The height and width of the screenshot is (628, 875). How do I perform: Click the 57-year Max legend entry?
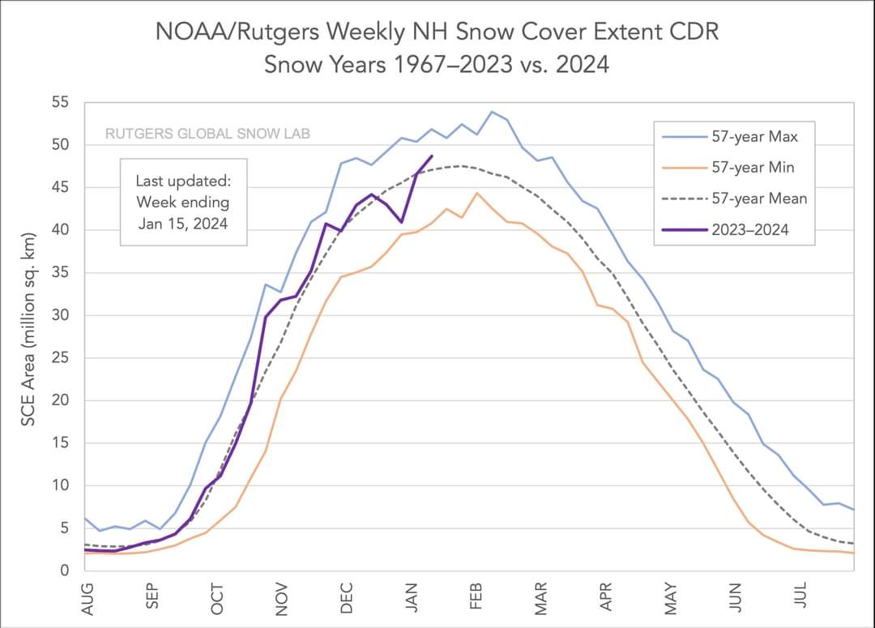click(x=754, y=137)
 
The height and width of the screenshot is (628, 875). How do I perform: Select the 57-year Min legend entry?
click(x=753, y=168)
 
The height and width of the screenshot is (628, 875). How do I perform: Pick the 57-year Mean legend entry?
click(x=759, y=199)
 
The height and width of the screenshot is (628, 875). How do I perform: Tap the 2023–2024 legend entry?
click(x=750, y=229)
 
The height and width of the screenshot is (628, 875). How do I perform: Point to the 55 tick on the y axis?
click(x=62, y=103)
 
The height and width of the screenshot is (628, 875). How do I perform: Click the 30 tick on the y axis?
click(x=62, y=315)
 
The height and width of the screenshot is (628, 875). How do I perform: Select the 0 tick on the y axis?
click(x=66, y=570)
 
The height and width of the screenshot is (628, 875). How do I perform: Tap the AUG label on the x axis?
click(x=88, y=598)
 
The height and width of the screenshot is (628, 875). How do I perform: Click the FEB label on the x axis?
click(x=477, y=598)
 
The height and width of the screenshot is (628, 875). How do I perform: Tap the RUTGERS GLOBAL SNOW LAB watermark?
click(x=207, y=133)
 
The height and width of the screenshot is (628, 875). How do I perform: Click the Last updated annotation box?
click(x=182, y=202)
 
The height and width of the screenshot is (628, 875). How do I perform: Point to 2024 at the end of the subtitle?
click(x=580, y=64)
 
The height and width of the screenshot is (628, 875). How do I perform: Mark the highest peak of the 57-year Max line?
click(x=492, y=112)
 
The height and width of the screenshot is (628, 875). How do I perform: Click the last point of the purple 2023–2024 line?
click(x=432, y=156)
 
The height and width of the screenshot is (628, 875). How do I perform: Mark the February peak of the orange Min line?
click(x=477, y=193)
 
